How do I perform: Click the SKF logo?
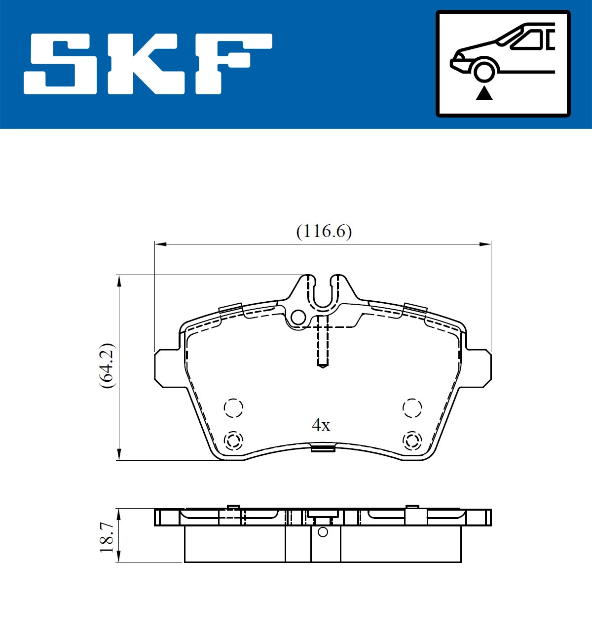coord(148,64)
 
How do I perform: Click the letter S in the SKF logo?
coord(61,64)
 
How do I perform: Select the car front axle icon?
coord(503,64)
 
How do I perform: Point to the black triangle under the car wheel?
coord(484,93)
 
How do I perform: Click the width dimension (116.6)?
coord(324,231)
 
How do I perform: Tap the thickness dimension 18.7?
coord(107,537)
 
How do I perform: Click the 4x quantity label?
coord(321,425)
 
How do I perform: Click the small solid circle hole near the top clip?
coord(298,318)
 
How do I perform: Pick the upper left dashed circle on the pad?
coord(233,408)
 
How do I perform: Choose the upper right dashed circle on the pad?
coord(412,408)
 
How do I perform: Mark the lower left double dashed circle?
coord(233,440)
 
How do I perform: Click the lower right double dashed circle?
coord(412,440)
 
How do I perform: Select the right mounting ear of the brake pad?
coord(479,368)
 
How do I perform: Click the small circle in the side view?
coord(323,532)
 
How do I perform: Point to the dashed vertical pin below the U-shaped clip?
coord(323,341)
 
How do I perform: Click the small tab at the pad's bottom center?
coord(323,448)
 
